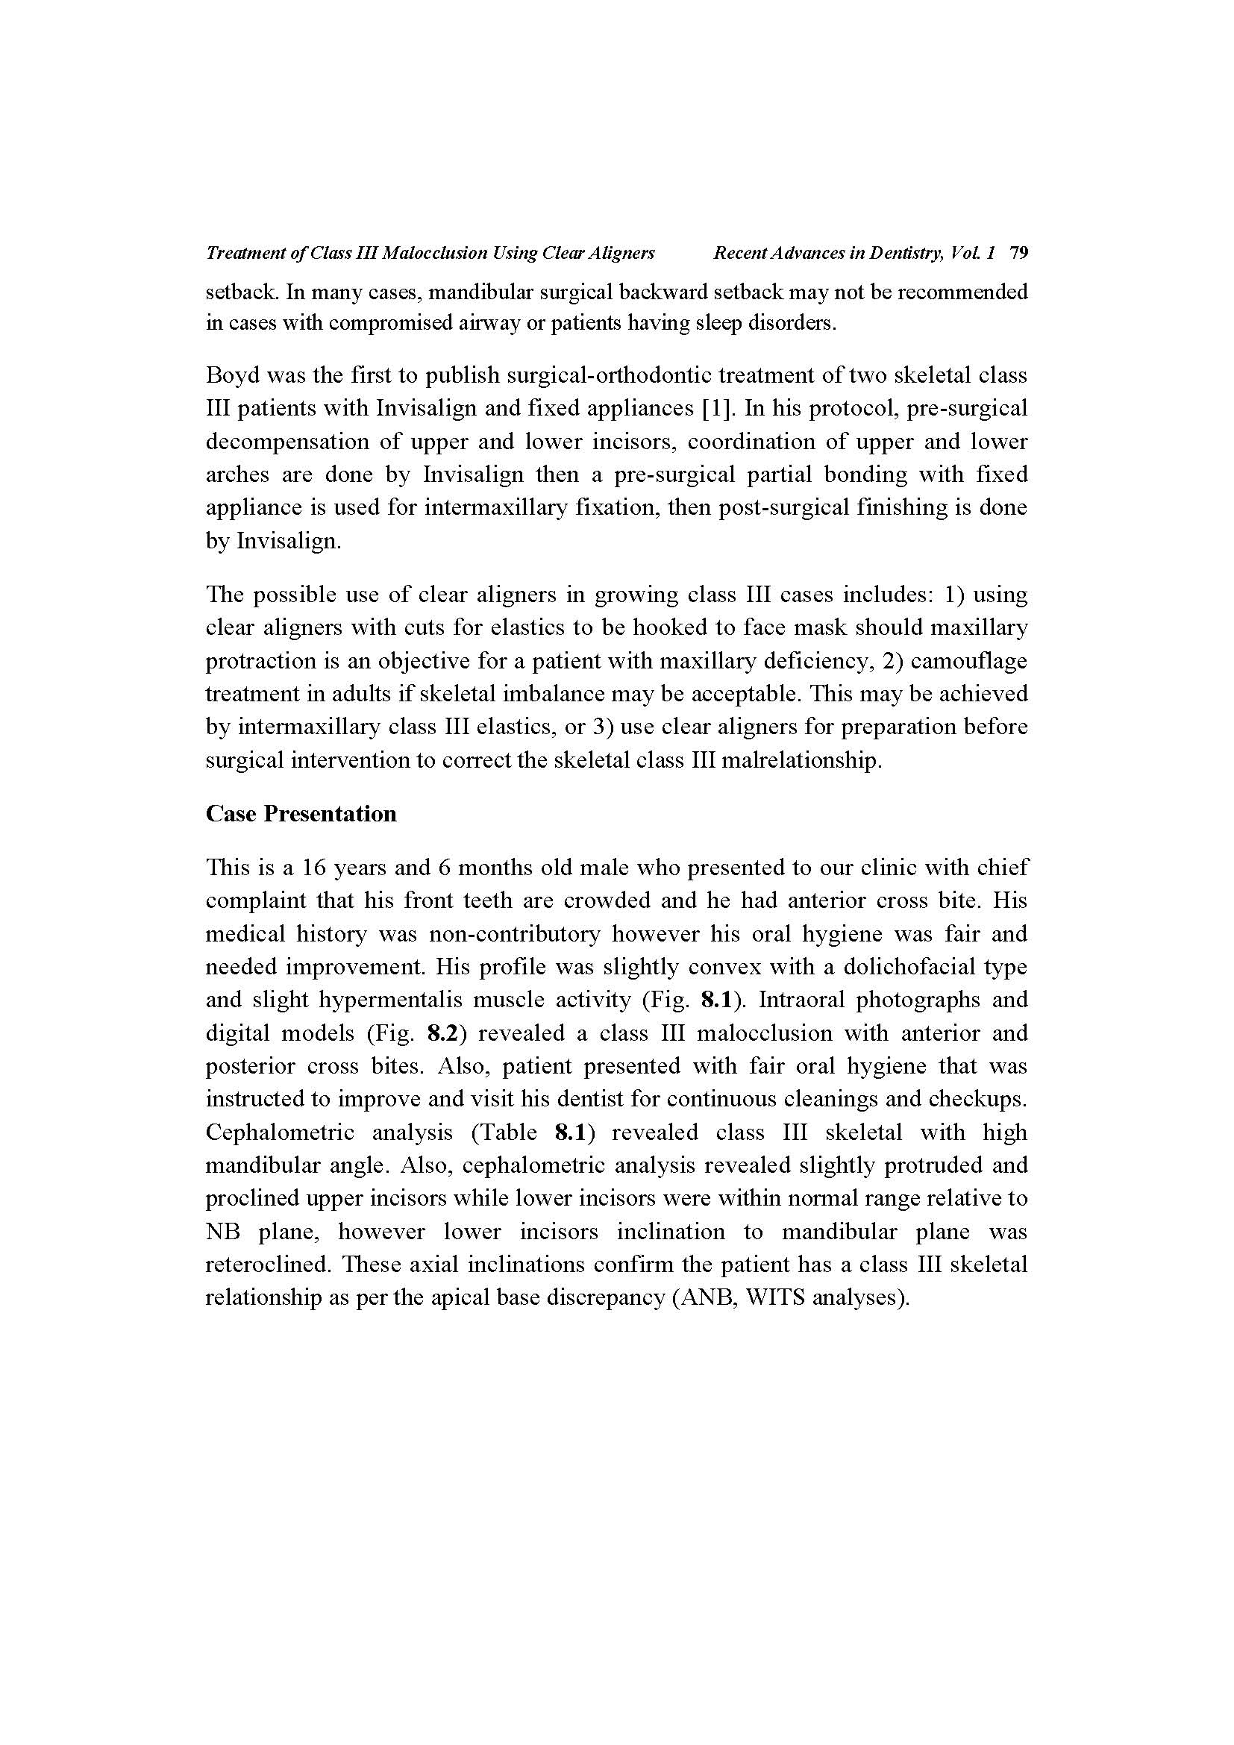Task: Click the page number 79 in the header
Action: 1019,253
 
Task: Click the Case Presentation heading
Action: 301,814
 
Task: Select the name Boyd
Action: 233,375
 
